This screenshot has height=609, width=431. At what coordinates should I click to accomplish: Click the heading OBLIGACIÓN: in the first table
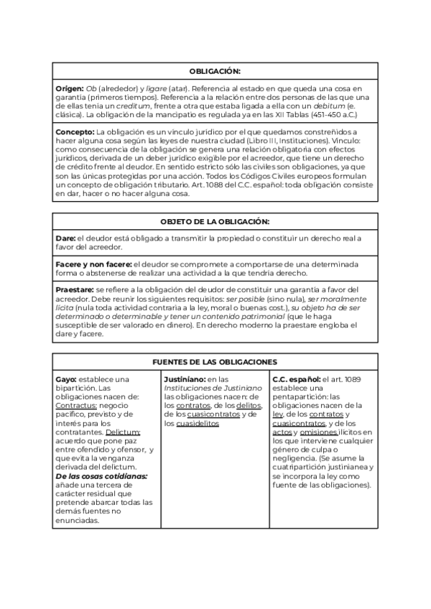(x=215, y=72)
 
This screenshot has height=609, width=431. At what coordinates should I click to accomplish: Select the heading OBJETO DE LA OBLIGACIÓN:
(x=215, y=223)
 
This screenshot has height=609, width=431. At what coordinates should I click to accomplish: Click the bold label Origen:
(x=70, y=88)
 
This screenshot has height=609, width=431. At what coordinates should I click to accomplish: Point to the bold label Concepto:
(x=75, y=133)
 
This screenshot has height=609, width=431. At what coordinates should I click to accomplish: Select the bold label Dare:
(x=65, y=238)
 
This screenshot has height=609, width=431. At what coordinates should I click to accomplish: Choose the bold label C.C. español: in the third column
(x=297, y=378)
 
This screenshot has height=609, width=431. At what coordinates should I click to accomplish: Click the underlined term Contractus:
(x=77, y=405)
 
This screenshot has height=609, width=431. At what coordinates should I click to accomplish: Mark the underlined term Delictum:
(x=123, y=432)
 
